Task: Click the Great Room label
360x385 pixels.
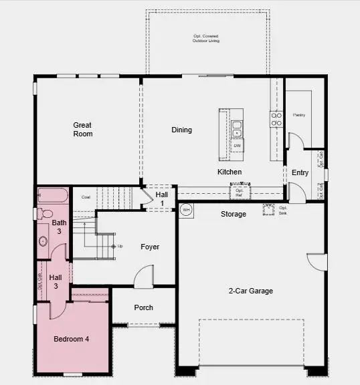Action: click(83, 129)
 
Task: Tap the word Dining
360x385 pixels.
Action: click(181, 130)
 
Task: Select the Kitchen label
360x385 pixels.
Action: click(229, 172)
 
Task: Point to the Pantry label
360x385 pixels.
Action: click(299, 115)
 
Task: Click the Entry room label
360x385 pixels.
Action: click(300, 172)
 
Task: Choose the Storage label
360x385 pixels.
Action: click(234, 214)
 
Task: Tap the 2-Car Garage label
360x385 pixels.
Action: click(251, 291)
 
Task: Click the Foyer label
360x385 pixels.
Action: click(150, 247)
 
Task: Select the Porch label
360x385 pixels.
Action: click(143, 307)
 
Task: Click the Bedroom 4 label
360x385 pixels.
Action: click(71, 339)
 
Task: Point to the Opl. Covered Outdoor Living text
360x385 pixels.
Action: click(206, 38)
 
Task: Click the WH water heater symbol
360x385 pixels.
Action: click(186, 209)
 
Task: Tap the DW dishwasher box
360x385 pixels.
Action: click(237, 144)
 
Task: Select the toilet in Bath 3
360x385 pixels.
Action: click(46, 214)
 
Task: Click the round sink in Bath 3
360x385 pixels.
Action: click(43, 241)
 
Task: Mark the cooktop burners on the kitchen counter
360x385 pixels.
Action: click(276, 119)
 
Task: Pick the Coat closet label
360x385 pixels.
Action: click(86, 197)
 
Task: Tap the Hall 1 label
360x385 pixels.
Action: click(161, 198)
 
